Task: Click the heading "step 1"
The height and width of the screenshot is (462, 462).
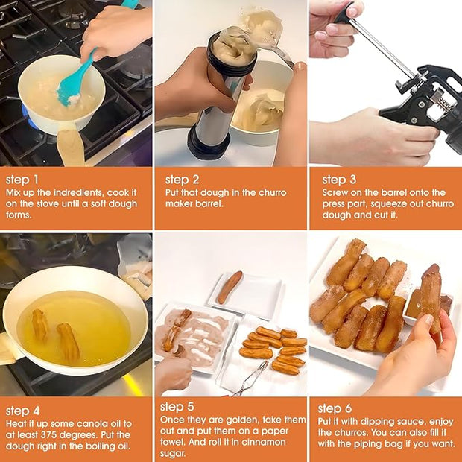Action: click(23, 180)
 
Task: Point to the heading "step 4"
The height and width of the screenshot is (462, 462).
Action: click(23, 410)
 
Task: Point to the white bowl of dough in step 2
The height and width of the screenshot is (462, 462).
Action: click(261, 112)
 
